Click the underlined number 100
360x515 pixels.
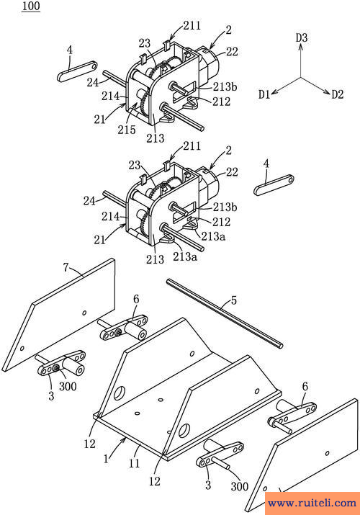click(31, 6)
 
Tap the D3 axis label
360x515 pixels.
click(302, 37)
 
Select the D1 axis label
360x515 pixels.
click(264, 94)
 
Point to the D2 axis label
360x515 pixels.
click(338, 94)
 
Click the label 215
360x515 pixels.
click(127, 130)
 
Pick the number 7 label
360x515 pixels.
click(66, 268)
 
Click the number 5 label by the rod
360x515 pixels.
click(234, 300)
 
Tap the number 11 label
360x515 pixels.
click(135, 463)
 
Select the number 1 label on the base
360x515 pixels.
click(106, 459)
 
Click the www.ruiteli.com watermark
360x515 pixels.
click(312, 503)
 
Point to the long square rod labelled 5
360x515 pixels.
click(225, 313)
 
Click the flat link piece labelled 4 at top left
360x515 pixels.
click(78, 71)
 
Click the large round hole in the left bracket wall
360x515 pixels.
click(120, 393)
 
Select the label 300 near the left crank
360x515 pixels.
click(68, 387)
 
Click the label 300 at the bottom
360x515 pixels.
click(240, 486)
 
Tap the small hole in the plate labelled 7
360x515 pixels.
click(84, 313)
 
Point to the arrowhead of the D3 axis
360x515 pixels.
click(301, 45)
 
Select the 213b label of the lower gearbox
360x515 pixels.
click(225, 207)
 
